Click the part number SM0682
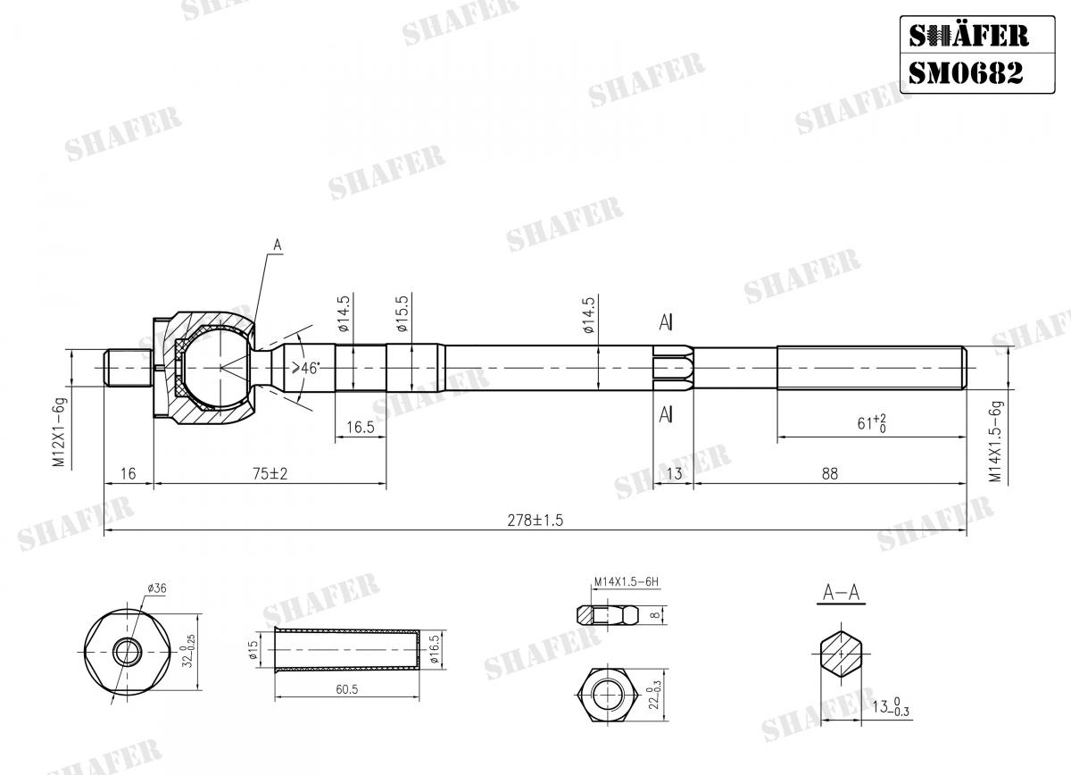coord(965,72)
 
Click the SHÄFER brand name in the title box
coord(967,35)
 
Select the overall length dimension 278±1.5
coord(535,520)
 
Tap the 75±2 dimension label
coord(270,474)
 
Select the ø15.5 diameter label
coord(402,313)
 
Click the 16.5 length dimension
coord(360,428)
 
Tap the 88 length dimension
coord(830,474)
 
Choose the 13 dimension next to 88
coord(674,474)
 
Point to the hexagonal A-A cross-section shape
coord(839,655)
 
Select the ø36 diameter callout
coord(156,588)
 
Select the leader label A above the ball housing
coord(277,245)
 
